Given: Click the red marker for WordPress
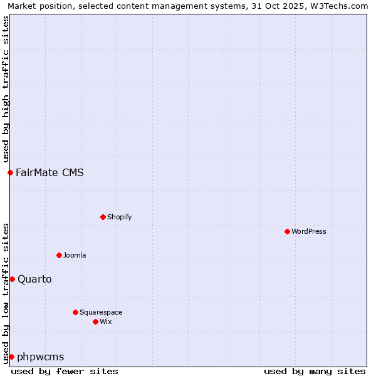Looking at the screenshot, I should pos(287,231).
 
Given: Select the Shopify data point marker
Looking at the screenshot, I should pos(103,217).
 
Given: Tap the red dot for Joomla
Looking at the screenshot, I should pos(59,255).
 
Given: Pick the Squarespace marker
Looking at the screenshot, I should pos(75,312).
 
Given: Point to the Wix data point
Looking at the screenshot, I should pos(95,321).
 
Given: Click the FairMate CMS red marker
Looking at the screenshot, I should pos(10,172).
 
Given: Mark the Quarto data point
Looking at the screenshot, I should pos(12,279).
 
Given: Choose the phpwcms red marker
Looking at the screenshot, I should pos(11,357).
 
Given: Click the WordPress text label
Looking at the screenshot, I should pos(309,231).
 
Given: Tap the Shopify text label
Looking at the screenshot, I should pos(120,217).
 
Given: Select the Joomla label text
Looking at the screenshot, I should pos(75,255).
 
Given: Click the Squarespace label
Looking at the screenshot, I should pos(101,312).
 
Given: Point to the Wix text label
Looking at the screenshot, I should pos(106,321).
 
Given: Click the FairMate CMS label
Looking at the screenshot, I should pos(50,172).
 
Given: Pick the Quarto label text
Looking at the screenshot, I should pos(34,279).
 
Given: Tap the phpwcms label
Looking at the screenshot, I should pos(41,357).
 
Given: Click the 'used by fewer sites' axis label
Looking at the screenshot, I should pos(65,371).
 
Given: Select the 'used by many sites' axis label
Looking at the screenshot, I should pos(315,371).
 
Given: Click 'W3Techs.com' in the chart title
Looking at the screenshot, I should pos(340,6).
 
